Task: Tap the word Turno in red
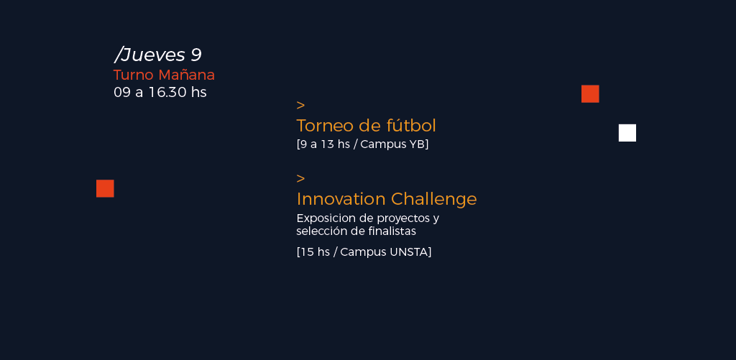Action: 133,75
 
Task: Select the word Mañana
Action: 186,75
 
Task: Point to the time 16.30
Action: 167,93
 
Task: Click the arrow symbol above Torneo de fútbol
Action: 301,105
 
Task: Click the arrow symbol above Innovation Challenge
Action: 301,178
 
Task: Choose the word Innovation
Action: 341,199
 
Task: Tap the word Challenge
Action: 434,200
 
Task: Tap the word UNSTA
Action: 408,252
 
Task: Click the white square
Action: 627,133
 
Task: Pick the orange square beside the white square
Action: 590,94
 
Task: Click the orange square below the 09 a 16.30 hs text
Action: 105,189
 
